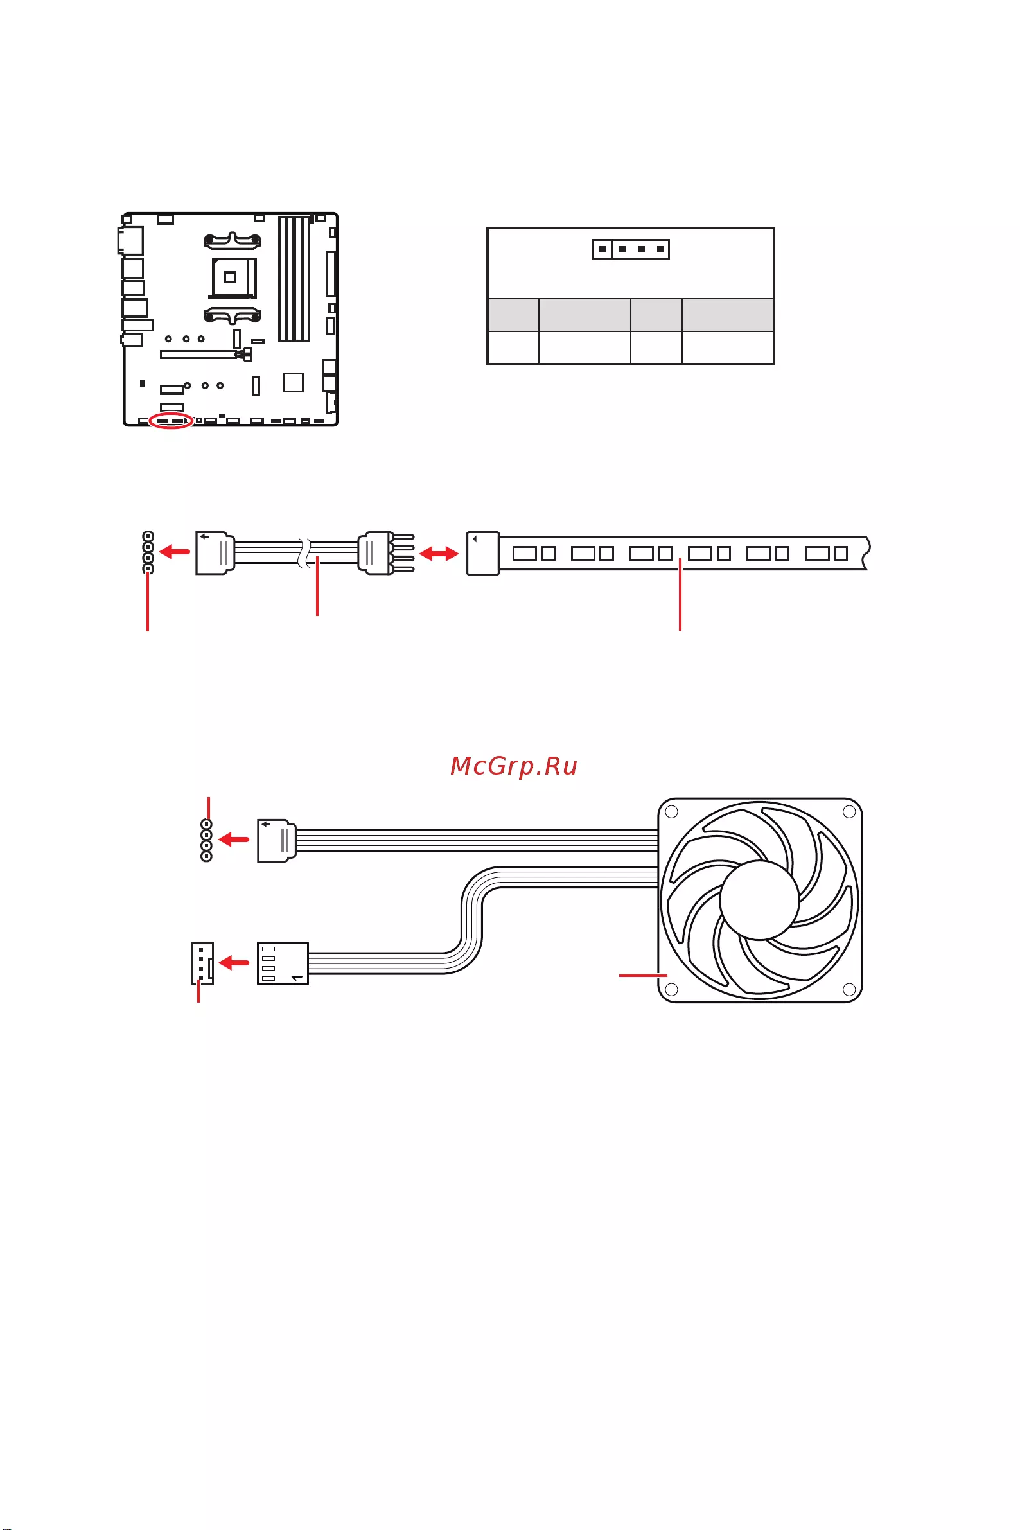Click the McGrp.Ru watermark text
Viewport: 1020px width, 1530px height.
[514, 766]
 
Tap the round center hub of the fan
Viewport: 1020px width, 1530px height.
[759, 901]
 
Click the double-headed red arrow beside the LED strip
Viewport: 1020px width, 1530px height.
[439, 554]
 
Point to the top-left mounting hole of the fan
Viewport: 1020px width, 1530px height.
[672, 811]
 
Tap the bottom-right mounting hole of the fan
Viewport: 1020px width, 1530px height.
[849, 989]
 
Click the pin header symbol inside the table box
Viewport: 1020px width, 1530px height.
[630, 249]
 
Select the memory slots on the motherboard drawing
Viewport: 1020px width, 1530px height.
[294, 279]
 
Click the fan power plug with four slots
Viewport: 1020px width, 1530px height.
[283, 963]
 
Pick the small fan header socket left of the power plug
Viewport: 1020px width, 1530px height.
[202, 963]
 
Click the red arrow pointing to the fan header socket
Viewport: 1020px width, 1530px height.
[234, 963]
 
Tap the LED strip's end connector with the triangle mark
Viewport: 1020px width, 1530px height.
[482, 553]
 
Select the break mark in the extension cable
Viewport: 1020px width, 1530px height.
[304, 553]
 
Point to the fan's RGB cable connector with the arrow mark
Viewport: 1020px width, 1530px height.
[276, 840]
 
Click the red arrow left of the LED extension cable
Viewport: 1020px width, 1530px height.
[174, 552]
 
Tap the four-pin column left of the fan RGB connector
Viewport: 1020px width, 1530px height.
[207, 840]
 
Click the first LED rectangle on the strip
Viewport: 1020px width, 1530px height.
[525, 553]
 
